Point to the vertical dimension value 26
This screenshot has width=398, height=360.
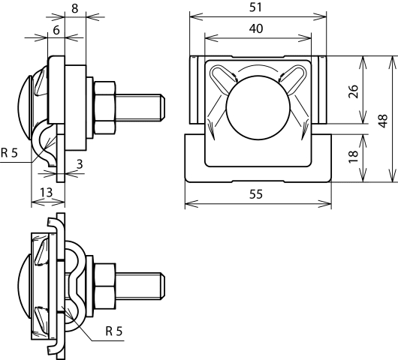354,93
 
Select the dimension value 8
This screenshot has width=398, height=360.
74,10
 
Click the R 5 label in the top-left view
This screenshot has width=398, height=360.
9,153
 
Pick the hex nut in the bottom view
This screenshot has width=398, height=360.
103,285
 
